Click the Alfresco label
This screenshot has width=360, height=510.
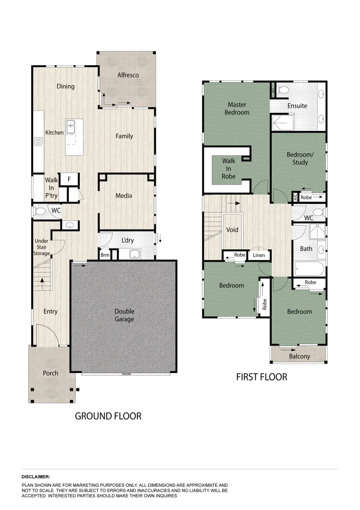128,75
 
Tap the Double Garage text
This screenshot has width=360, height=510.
124,315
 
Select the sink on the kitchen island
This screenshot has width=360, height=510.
71,126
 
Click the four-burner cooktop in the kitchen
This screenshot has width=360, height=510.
38,141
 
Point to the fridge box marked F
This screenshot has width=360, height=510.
69,179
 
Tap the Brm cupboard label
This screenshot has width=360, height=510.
105,255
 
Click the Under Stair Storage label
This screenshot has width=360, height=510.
42,247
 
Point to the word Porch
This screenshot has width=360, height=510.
50,373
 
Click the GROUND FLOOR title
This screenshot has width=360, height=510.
108,416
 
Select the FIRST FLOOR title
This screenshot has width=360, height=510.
261,377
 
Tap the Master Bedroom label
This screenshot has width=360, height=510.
238,109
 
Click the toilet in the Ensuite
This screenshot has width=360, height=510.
283,89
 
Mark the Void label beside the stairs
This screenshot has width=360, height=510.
232,230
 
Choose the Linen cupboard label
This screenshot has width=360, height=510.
259,255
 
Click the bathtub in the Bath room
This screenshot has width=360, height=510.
309,270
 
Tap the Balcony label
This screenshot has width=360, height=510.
300,356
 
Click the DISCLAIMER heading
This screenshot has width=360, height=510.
36,477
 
